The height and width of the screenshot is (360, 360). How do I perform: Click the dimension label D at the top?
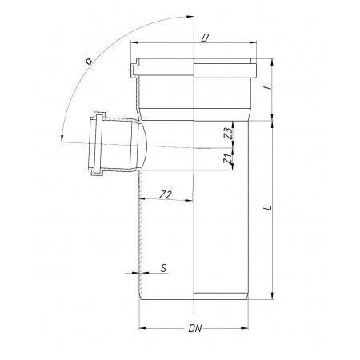(x=205, y=38)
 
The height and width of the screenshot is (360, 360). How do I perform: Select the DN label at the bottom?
(x=195, y=328)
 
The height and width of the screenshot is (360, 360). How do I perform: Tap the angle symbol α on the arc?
(x=88, y=61)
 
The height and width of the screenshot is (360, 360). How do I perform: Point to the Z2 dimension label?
(x=166, y=195)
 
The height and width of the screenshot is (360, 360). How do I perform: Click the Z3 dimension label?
(x=227, y=134)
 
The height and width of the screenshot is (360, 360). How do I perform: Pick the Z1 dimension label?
(x=227, y=158)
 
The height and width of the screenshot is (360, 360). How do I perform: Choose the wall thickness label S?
(x=164, y=268)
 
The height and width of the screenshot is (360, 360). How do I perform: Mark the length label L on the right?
(x=269, y=208)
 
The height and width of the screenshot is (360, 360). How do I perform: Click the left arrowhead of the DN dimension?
(x=143, y=328)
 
